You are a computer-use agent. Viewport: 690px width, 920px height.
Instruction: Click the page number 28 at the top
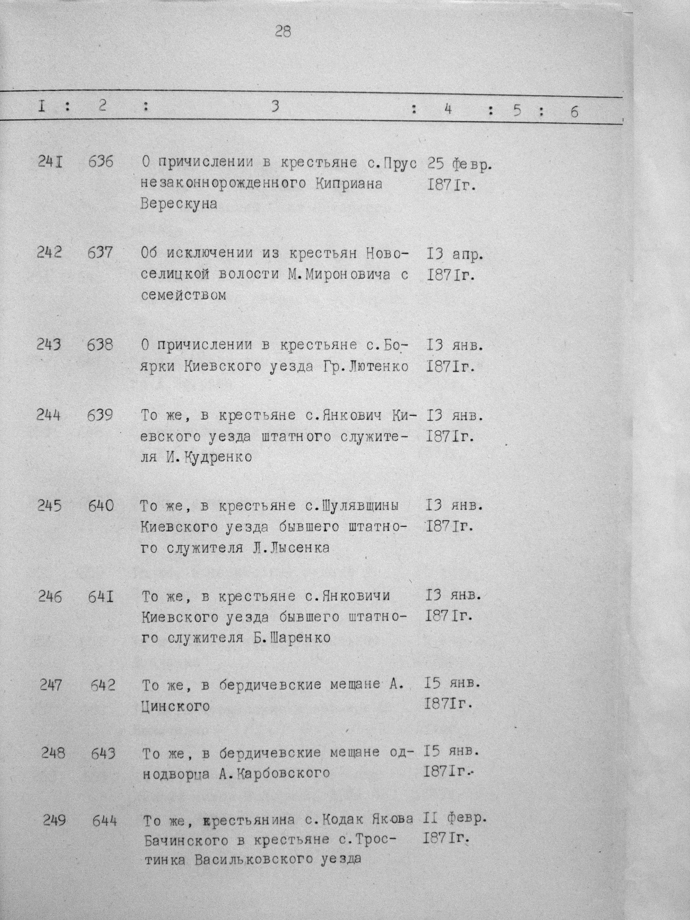[x=283, y=32]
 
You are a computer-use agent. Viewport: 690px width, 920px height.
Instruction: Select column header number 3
[x=274, y=106]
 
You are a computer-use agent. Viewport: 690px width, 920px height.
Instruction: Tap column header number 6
[x=574, y=111]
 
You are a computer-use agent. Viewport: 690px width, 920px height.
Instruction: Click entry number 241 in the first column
[x=50, y=161]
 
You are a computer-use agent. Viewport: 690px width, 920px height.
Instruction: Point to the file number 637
[x=100, y=252]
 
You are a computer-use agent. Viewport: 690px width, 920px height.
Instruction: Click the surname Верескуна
[x=179, y=204]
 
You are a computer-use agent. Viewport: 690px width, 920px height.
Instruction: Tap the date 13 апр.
[x=455, y=254]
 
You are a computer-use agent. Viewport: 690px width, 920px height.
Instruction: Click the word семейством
[x=184, y=296]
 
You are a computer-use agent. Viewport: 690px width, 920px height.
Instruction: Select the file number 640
[x=101, y=506]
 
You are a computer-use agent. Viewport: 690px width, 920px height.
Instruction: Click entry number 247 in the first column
[x=51, y=685]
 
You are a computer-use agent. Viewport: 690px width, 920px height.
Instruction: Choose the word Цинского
[x=175, y=706]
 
